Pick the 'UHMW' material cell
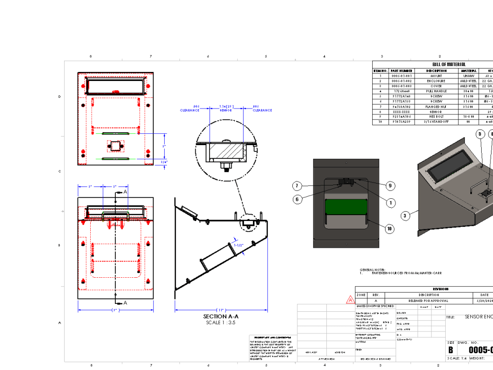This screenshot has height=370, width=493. coord(469,76)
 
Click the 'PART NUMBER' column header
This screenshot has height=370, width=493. coord(402,71)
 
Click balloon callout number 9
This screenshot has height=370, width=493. coord(389,186)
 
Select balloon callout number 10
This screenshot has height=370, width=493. coord(389,228)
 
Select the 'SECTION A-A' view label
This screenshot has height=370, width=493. coord(221,316)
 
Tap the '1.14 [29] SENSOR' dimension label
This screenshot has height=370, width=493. coord(226,108)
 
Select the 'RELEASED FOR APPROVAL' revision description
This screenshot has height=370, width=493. coord(428,300)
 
